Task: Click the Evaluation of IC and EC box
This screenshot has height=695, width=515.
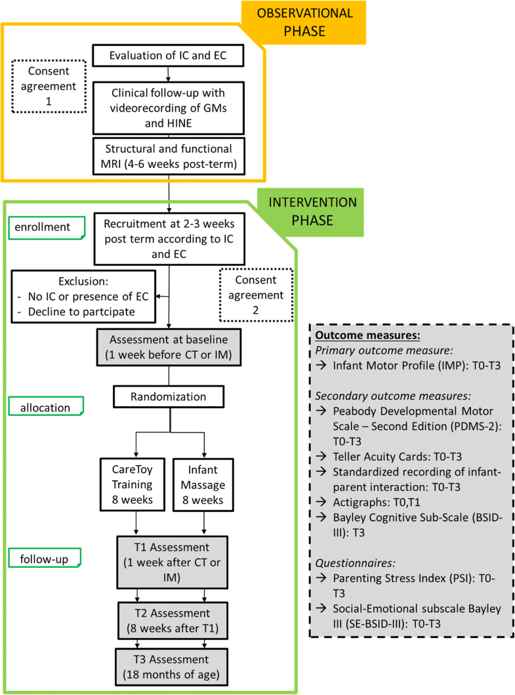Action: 169,56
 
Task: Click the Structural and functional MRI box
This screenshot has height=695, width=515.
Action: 169,157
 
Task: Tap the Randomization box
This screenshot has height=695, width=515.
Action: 169,396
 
